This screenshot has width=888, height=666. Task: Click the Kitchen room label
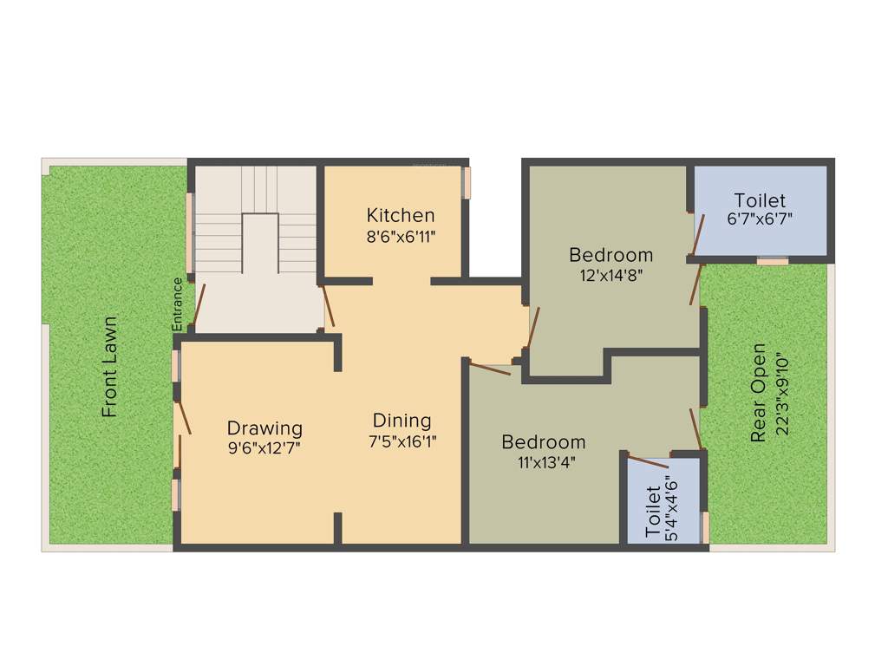400,215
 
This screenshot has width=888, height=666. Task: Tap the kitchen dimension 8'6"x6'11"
400,236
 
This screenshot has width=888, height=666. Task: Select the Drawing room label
264,428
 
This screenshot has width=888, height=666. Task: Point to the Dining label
402,421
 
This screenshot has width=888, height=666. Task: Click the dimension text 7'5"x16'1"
402,441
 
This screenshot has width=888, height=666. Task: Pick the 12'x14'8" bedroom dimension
610,276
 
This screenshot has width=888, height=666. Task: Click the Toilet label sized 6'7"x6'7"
760,199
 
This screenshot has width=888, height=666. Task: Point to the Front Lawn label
109,367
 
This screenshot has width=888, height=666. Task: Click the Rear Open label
759,393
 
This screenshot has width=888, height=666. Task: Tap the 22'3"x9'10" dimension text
784,393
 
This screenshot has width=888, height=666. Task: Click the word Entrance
178,304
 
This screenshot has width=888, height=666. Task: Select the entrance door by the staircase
199,304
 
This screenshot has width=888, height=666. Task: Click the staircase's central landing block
258,245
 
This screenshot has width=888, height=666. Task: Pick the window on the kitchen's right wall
466,182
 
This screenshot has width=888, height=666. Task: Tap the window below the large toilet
772,259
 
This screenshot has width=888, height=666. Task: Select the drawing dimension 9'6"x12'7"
264,448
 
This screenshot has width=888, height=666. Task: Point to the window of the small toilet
705,526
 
